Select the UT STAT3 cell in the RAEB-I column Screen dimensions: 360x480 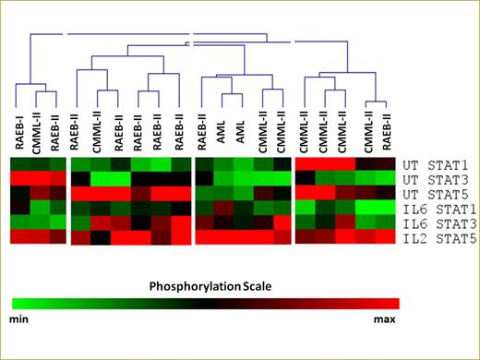tap(19, 178)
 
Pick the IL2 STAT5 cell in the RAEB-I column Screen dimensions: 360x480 tap(19, 237)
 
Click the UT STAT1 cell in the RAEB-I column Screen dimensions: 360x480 tap(19, 163)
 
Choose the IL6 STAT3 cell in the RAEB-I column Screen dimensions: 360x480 tap(19, 222)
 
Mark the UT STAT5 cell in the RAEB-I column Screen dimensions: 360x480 tap(19, 193)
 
